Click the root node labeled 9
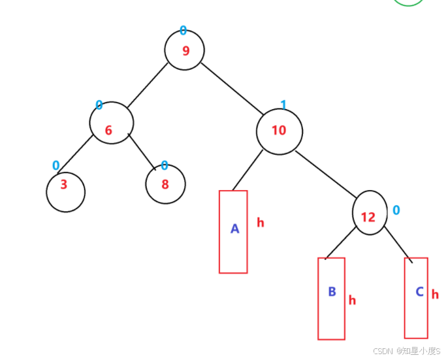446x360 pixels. click(x=185, y=50)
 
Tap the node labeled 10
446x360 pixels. click(x=279, y=131)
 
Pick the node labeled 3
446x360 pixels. click(x=65, y=191)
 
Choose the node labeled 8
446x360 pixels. click(x=165, y=184)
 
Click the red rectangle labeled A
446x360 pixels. click(x=233, y=231)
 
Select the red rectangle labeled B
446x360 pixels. click(x=331, y=299)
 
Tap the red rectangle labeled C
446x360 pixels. click(x=417, y=297)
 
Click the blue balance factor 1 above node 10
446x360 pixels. click(x=283, y=105)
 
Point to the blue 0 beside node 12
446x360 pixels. click(x=396, y=210)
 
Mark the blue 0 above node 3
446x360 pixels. click(x=56, y=166)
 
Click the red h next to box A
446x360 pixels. click(x=261, y=223)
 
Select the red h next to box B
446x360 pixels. click(x=352, y=300)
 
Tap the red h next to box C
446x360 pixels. click(x=435, y=295)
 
